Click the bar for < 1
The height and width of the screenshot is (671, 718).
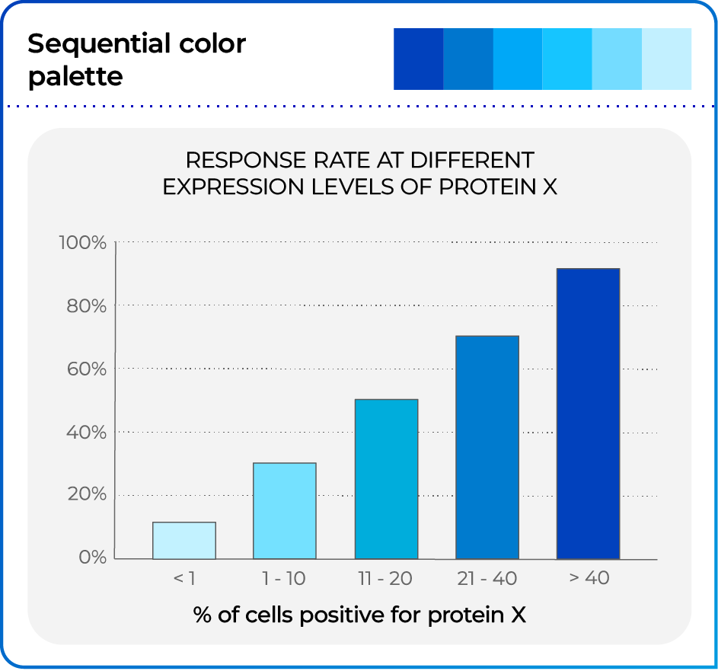click(184, 540)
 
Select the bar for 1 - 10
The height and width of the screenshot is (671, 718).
click(285, 510)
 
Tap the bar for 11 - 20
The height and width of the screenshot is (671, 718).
click(386, 478)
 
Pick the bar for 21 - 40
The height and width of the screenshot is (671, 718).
click(487, 447)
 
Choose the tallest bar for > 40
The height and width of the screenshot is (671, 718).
click(588, 414)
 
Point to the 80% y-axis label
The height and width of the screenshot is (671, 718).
click(86, 306)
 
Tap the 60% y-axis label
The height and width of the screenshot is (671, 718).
click(86, 369)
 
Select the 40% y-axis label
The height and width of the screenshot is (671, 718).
click(86, 433)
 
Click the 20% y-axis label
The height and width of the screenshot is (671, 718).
click(86, 495)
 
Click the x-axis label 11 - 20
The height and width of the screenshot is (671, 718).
click(385, 579)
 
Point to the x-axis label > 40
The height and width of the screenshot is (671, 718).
click(589, 579)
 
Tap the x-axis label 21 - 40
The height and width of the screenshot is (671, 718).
click(487, 579)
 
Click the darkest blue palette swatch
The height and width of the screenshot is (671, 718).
click(418, 59)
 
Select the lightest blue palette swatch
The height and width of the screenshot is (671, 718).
click(667, 59)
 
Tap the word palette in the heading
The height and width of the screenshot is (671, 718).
click(75, 76)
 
